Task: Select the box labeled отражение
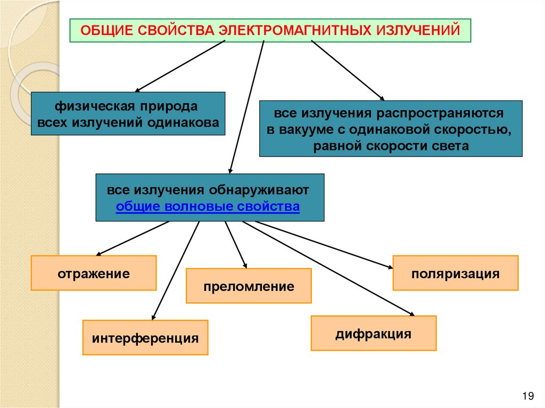[94, 273]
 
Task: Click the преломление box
[249, 286]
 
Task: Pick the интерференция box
[145, 337]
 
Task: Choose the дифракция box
[373, 334]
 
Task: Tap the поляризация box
[455, 273]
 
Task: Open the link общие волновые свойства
[208, 206]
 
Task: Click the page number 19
[528, 395]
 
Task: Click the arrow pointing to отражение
[133, 238]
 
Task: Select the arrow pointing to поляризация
[325, 244]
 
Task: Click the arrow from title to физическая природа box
[181, 66]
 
